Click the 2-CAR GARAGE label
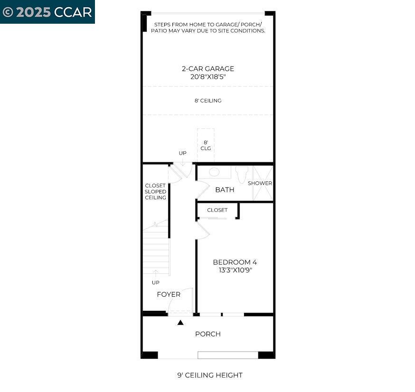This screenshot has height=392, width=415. pos(207,69)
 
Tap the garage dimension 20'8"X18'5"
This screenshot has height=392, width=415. pos(207,76)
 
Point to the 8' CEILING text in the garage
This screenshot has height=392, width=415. pos(207,101)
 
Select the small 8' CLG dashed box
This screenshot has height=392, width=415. pos(206,145)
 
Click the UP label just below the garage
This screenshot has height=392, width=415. pos(182,153)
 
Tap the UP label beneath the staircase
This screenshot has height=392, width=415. pos(155,282)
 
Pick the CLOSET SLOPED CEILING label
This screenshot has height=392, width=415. pos(155,192)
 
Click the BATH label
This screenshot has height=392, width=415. pos(225,190)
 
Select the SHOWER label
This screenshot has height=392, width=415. pos(260,183)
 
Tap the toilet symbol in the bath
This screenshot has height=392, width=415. pos(242,174)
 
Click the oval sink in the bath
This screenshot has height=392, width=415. pos(214,172)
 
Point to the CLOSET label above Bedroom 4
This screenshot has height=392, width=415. pos(217,210)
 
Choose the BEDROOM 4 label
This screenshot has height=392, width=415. pos(235,262)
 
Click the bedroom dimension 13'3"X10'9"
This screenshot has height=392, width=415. pos(235,270)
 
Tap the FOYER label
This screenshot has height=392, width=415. pos(169,294)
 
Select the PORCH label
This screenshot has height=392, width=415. pos(207,334)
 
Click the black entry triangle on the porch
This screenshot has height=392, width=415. pos(180,323)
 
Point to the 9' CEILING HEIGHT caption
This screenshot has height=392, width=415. pos(210,375)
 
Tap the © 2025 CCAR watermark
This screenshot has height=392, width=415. pos(47,12)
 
